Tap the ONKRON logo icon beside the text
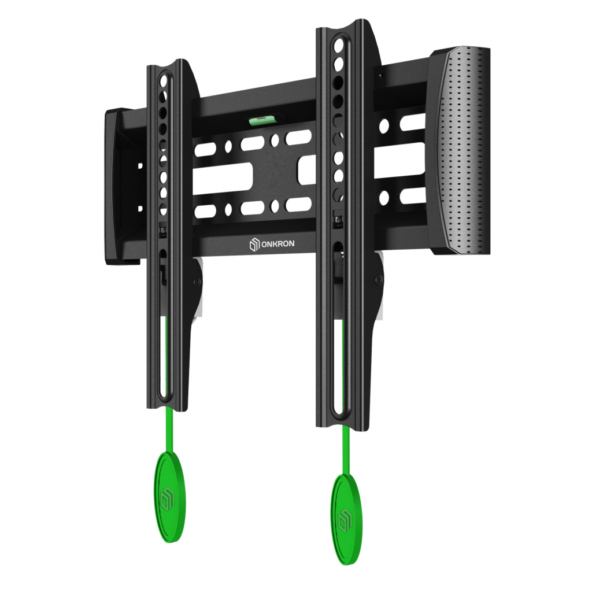pos(254,245)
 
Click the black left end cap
pos(121,187)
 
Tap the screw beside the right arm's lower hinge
pos(378,280)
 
